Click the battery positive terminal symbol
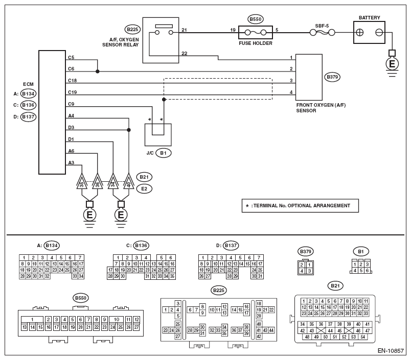click(x=360, y=33)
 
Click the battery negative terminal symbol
click(x=379, y=33)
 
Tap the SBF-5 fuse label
click(x=322, y=26)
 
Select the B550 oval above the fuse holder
click(x=255, y=19)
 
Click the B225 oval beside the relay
click(x=132, y=29)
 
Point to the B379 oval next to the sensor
click(x=332, y=77)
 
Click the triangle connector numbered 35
click(x=82, y=181)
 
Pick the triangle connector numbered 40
click(x=129, y=181)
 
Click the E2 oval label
click(x=144, y=189)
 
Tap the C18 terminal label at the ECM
click(x=73, y=80)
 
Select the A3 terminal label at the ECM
click(x=71, y=162)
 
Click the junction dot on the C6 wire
click(x=98, y=71)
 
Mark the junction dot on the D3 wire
click(x=129, y=130)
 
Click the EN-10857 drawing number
click(x=391, y=351)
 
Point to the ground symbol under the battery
click(x=392, y=64)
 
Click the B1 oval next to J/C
click(x=163, y=153)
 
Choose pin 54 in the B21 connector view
click(x=363, y=337)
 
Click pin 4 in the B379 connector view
click(x=302, y=271)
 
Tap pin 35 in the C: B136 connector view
click(x=172, y=276)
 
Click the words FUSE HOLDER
click(x=256, y=43)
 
